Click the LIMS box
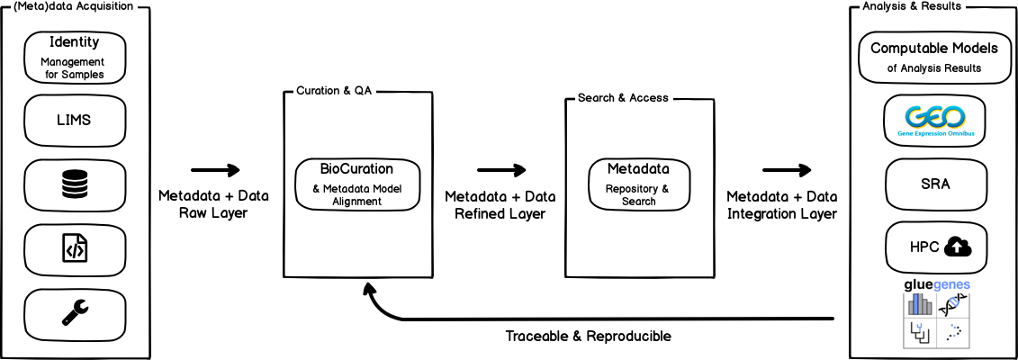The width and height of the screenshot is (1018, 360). tap(75, 120)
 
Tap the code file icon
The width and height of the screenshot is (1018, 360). tap(75, 247)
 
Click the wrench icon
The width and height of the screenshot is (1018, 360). tap(75, 311)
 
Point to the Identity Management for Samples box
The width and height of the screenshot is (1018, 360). tap(75, 56)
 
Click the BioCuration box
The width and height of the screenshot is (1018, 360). tap(357, 184)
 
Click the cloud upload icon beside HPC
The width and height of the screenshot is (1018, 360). tap(959, 247)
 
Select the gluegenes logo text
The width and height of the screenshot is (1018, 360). tap(937, 284)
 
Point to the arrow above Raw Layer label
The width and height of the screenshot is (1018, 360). tap(216, 170)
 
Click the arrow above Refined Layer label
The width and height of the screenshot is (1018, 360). tap(501, 170)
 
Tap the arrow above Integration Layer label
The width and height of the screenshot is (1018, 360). tap(788, 170)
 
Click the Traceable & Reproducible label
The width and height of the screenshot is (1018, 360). tap(588, 337)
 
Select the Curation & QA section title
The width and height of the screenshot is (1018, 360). tap(334, 92)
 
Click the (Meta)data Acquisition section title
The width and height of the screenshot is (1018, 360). tap(74, 6)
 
